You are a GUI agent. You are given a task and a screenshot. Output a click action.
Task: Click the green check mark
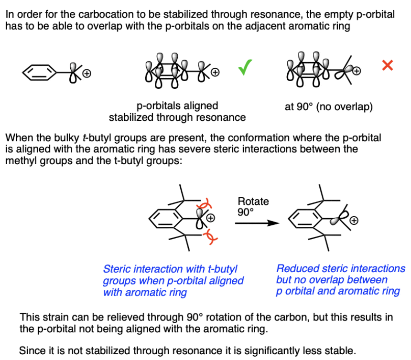[246, 69]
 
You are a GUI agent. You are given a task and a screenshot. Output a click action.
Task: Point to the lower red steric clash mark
[208, 235]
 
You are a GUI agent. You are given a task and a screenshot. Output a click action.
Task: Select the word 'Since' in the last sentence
[30, 350]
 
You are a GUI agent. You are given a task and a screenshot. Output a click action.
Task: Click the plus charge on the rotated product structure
[354, 221]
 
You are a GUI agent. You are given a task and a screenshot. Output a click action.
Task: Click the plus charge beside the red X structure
[356, 71]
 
